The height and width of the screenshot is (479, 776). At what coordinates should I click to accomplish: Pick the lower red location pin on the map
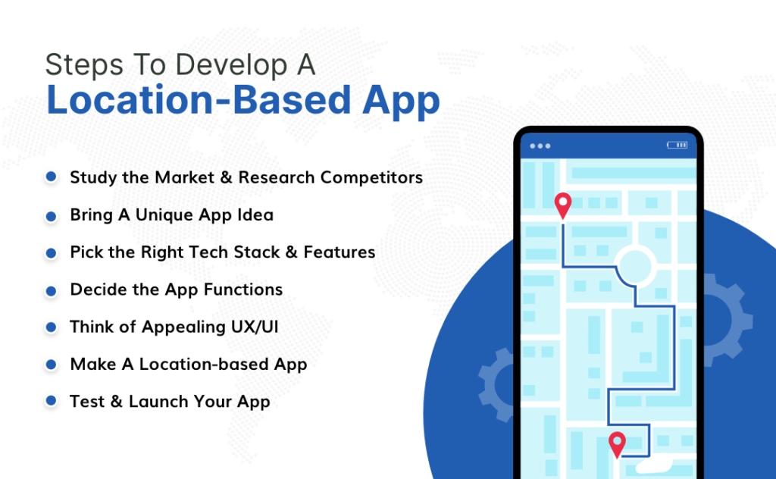[618, 443]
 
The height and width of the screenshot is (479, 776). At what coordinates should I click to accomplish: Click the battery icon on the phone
[676, 145]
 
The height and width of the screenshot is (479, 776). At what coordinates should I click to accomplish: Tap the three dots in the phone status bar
[541, 146]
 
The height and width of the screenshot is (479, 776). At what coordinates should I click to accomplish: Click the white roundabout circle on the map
[634, 265]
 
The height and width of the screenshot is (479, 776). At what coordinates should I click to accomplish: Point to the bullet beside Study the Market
[51, 177]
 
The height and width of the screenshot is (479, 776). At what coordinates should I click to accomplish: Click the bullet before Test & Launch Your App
[51, 401]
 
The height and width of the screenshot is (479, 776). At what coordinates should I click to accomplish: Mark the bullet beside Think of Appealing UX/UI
[51, 327]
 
